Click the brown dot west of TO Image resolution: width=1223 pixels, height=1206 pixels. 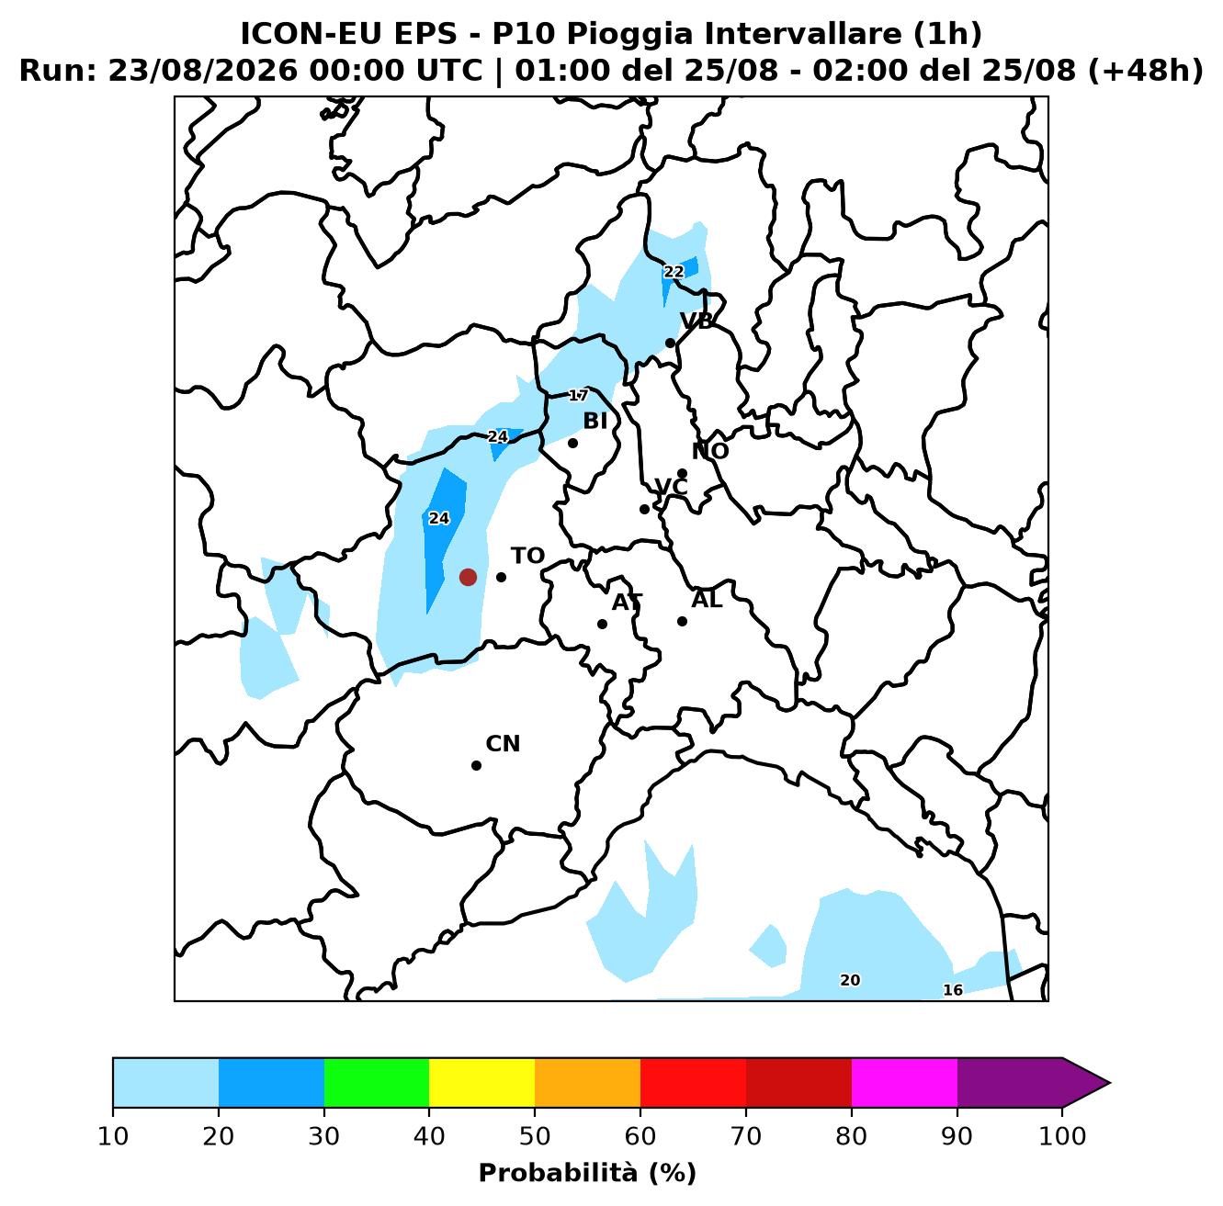(468, 577)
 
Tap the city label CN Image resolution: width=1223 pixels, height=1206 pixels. (503, 744)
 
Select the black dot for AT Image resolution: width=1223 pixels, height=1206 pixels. (602, 624)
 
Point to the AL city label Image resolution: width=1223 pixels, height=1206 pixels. (707, 600)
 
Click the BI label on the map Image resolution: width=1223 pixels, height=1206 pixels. (595, 421)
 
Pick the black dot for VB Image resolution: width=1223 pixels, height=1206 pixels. (670, 344)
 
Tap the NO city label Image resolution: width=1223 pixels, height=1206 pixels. (710, 451)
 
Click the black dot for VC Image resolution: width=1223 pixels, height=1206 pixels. (644, 509)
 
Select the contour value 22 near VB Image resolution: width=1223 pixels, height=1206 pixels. (674, 272)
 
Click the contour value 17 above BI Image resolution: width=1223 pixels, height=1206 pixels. (578, 396)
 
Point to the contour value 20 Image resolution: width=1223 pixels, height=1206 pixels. (850, 980)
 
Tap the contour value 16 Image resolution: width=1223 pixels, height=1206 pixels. (953, 989)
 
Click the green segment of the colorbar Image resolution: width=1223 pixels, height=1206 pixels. (377, 1082)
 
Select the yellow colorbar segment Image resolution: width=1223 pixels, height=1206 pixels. (481, 1082)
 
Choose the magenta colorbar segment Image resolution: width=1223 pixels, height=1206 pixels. (904, 1082)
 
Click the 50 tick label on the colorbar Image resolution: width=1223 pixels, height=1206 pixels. (535, 1135)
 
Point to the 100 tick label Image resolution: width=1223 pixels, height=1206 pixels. (1062, 1135)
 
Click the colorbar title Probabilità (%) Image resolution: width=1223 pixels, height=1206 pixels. (587, 1173)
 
